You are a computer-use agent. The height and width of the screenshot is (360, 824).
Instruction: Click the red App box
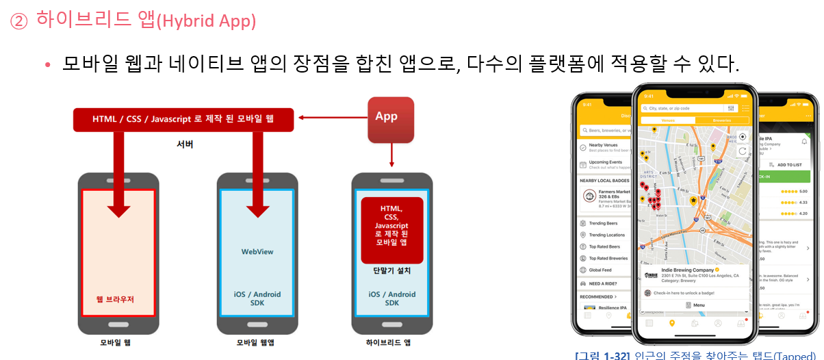click(391, 119)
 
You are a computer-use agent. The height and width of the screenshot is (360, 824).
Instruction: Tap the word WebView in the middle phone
click(257, 251)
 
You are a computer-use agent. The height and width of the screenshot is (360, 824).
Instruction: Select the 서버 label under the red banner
click(185, 144)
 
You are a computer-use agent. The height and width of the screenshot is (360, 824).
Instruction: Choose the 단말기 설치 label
click(391, 270)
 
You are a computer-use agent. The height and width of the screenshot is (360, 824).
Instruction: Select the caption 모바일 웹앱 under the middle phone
click(255, 342)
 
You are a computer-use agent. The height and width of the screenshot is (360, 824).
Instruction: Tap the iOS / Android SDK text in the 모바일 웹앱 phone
click(257, 298)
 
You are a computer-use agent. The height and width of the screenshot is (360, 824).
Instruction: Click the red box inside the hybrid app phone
click(391, 229)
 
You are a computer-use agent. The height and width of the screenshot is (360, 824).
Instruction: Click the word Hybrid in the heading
click(185, 21)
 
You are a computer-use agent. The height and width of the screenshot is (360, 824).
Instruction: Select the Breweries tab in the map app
click(722, 120)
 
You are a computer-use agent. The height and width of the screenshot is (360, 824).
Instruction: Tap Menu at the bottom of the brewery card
click(695, 305)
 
